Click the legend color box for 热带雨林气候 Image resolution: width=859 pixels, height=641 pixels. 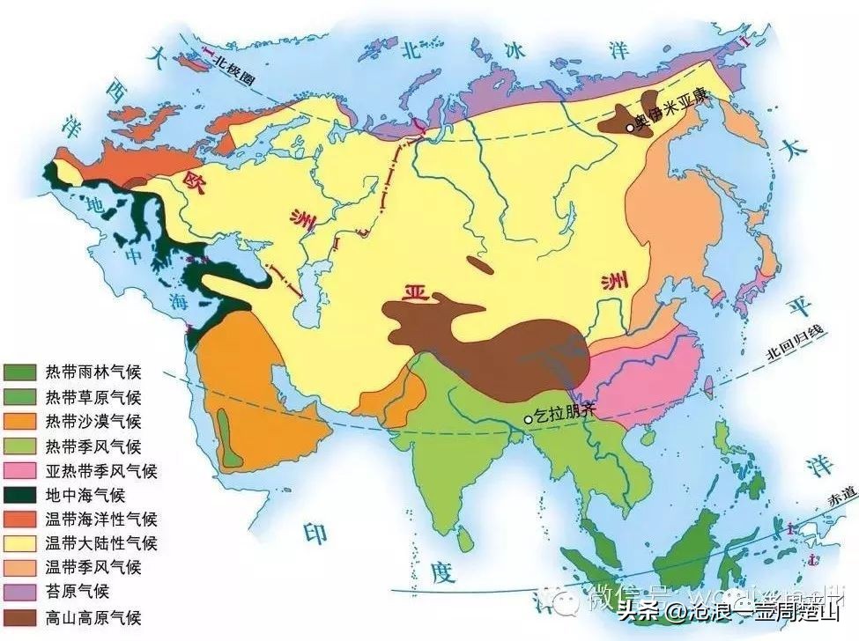(x=20, y=372)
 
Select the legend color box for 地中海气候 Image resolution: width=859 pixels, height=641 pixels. (x=20, y=495)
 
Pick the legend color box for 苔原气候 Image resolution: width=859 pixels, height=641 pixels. (x=20, y=593)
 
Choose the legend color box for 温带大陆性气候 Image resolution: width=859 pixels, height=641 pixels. (x=20, y=543)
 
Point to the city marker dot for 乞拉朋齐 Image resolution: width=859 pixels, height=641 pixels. (x=529, y=419)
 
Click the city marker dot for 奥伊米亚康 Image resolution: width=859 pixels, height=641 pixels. (x=630, y=128)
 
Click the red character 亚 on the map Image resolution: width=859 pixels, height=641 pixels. (x=408, y=295)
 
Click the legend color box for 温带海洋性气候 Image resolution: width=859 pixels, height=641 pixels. (x=20, y=519)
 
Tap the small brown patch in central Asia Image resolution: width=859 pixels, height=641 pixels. (x=480, y=263)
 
